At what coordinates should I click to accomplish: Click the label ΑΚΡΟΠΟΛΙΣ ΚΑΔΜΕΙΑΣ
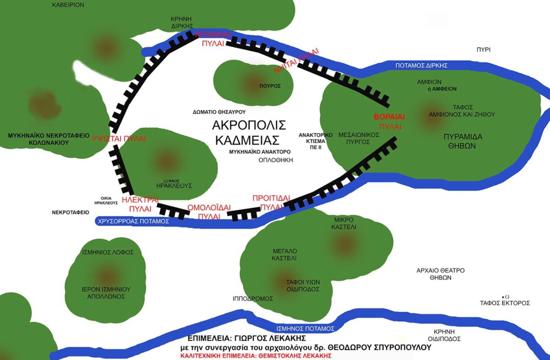(x=249, y=132)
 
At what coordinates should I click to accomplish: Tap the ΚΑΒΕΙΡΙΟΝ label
(x=68, y=5)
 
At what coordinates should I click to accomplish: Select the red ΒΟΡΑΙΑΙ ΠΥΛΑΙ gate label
(x=390, y=121)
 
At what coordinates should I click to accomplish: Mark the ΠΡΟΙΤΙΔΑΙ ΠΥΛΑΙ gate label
(x=272, y=202)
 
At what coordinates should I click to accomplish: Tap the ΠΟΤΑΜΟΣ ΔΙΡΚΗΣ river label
(x=421, y=65)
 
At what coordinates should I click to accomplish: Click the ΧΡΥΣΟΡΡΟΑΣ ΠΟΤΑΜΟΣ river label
(x=133, y=221)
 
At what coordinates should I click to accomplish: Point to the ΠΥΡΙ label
(x=483, y=49)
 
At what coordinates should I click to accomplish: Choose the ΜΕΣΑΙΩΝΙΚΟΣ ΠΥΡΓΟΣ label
(x=358, y=139)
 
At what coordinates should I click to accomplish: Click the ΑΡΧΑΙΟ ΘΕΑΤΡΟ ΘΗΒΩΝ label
(x=440, y=274)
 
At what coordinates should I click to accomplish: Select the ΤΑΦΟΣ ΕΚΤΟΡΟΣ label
(x=505, y=303)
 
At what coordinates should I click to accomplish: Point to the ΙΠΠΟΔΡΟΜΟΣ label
(x=253, y=299)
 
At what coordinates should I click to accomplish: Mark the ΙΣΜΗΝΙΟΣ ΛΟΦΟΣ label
(x=108, y=252)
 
